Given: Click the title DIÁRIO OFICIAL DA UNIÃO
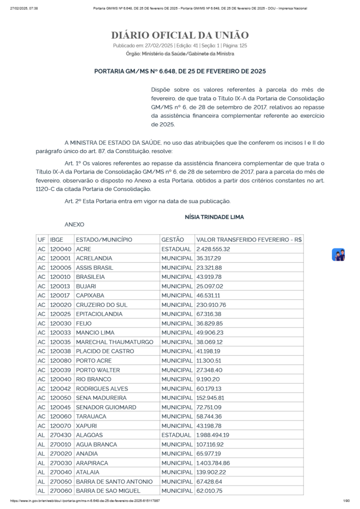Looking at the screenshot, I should [180, 35].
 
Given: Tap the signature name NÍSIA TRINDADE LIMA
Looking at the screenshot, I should [214, 217].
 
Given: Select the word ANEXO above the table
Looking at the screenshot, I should [74, 224].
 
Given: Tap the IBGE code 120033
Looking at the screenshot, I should [60, 332].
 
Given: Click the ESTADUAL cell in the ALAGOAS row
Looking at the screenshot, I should [176, 435].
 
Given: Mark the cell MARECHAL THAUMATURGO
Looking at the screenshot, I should [114, 342].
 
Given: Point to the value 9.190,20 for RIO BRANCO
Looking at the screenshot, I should [208, 379].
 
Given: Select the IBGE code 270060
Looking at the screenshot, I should [60, 491].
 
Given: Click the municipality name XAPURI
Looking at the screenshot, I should [87, 426].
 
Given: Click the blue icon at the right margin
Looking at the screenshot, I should [338, 254].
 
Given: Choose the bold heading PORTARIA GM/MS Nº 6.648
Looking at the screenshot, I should [180, 71].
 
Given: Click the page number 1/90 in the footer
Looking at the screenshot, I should [347, 501].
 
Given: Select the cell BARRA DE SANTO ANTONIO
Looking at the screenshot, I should [114, 482].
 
